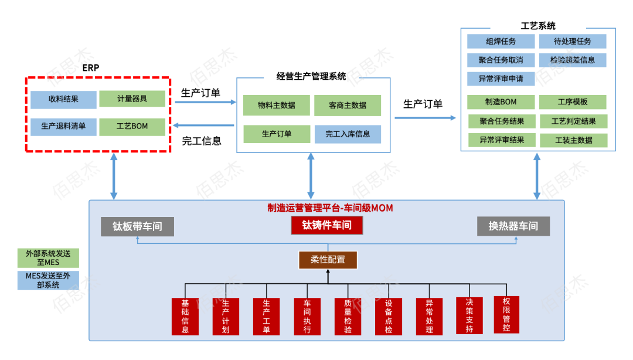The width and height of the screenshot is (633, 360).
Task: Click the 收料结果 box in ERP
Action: [x=63, y=99]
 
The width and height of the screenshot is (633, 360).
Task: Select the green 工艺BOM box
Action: [x=132, y=127]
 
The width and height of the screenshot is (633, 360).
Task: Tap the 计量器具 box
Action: [x=132, y=99]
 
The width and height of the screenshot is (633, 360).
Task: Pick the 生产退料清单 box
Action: [x=63, y=127]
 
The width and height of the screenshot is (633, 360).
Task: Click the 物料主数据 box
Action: [x=276, y=106]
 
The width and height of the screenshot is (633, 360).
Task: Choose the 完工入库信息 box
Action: [x=348, y=134]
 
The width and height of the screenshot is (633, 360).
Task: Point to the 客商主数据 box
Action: [x=348, y=106]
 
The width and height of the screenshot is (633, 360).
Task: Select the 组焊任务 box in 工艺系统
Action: [x=501, y=42]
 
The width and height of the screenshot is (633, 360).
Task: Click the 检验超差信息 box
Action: [x=573, y=60]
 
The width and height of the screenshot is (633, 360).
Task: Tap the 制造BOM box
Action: [x=501, y=102]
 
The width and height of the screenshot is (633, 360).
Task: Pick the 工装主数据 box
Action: [x=573, y=141]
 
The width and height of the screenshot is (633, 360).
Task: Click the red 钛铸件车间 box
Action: [x=326, y=225]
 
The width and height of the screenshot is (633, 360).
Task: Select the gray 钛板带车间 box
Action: [x=137, y=227]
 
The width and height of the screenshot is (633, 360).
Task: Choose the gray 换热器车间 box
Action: [x=513, y=226]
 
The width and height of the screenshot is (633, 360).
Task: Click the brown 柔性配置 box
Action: [x=328, y=259]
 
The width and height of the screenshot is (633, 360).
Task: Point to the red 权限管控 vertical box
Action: [x=506, y=314]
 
